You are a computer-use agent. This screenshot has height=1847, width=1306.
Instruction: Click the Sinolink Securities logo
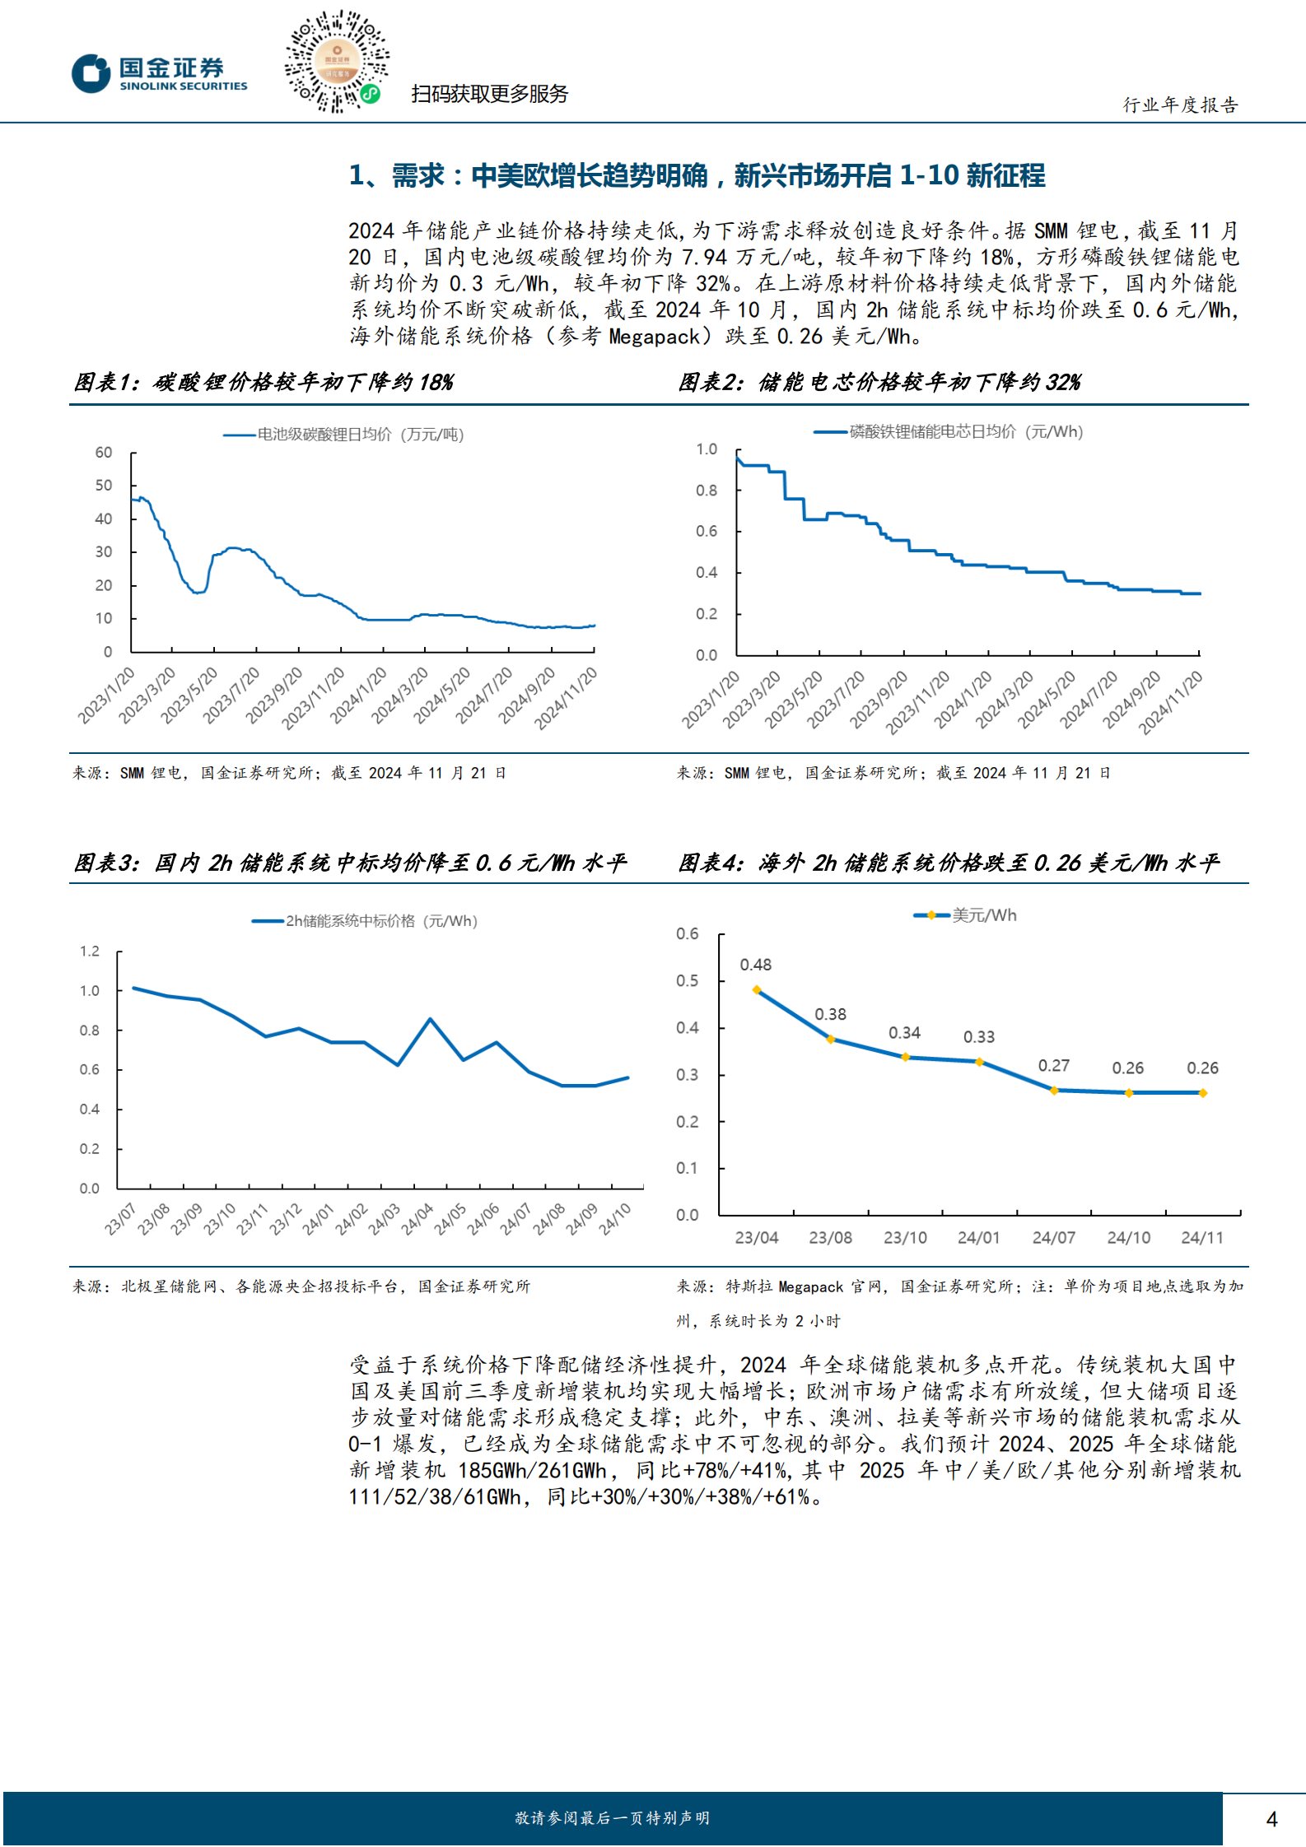[x=159, y=74]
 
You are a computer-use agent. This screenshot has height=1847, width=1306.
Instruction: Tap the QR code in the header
[x=336, y=62]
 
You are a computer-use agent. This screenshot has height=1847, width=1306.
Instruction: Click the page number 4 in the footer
[x=1271, y=1819]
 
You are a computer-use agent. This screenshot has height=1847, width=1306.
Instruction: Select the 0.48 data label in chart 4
[x=755, y=965]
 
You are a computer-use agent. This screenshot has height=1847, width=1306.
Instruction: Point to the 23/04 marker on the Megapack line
[x=757, y=990]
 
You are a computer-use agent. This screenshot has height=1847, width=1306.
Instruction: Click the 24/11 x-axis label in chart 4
[x=1202, y=1238]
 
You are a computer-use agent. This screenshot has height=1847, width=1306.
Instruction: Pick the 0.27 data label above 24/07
[x=1053, y=1066]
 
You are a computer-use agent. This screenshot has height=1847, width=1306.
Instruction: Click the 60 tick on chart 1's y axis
[x=104, y=453]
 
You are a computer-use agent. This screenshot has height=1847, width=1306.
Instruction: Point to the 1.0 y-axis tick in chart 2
[x=707, y=449]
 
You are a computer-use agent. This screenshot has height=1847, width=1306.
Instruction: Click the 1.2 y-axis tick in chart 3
[x=90, y=951]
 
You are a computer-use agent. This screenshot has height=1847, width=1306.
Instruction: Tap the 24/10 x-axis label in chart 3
[x=615, y=1219]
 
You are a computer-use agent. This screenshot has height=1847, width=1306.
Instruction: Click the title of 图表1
[x=264, y=383]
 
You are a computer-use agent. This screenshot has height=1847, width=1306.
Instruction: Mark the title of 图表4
[x=948, y=863]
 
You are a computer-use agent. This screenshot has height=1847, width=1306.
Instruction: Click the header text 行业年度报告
[x=1181, y=105]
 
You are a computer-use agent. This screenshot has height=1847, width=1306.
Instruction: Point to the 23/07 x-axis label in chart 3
[x=120, y=1219]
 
